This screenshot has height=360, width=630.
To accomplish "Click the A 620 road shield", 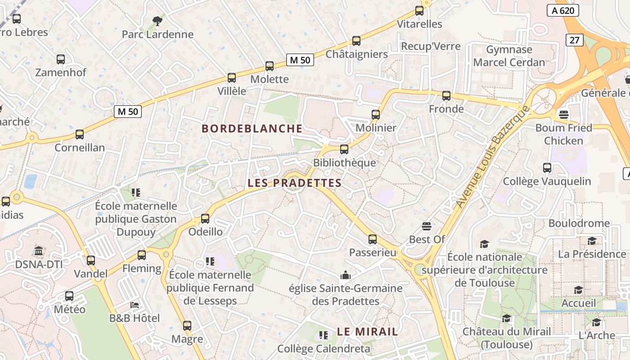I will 562,10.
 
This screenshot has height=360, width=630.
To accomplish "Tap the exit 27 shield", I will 574,40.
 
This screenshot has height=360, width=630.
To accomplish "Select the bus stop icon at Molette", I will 270,66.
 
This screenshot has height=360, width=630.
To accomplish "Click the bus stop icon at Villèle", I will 232,78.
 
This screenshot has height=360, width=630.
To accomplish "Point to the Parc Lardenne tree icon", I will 157,21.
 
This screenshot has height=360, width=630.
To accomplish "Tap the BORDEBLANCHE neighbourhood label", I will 252,129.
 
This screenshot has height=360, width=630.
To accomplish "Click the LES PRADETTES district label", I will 294,183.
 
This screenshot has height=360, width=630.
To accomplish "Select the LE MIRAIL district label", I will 367,332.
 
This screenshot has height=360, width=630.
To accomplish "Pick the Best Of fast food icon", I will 427,226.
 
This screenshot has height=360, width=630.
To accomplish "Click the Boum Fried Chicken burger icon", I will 563,113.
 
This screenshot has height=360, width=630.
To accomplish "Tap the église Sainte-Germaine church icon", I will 346,274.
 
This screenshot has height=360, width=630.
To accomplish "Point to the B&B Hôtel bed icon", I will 135,305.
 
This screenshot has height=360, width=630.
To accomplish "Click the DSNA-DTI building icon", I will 39,251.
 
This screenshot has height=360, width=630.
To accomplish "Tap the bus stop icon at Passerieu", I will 373,239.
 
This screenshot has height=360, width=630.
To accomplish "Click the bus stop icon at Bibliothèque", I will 344,149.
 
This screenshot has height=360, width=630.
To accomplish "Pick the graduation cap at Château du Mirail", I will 506,319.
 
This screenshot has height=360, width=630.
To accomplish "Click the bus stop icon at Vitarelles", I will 419,11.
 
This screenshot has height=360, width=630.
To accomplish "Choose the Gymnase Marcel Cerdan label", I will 509,56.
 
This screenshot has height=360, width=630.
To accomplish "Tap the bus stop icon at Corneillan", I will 80,135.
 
